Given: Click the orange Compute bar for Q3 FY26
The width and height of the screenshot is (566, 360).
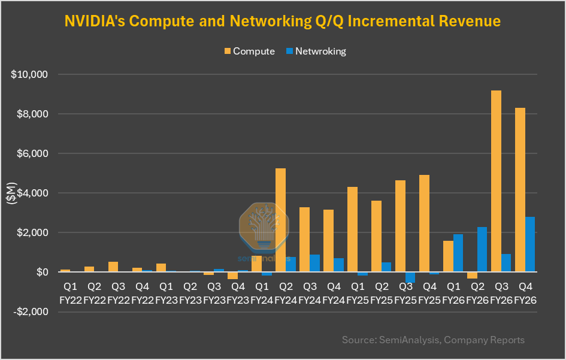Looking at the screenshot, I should (x=496, y=181).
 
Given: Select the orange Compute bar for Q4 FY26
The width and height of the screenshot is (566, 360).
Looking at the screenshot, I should (x=520, y=190).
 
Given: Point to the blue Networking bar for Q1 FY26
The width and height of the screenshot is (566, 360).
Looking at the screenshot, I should (x=458, y=253).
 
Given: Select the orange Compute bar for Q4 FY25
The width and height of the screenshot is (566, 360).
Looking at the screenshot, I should (x=424, y=223).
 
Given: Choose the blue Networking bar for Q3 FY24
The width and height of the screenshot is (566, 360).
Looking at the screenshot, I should (x=314, y=263).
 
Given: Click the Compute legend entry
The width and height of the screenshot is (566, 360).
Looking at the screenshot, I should (x=249, y=52).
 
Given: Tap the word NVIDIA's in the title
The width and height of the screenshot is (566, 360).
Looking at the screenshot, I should (x=94, y=22).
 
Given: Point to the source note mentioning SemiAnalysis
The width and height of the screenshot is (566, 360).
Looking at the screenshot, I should (x=433, y=340).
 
